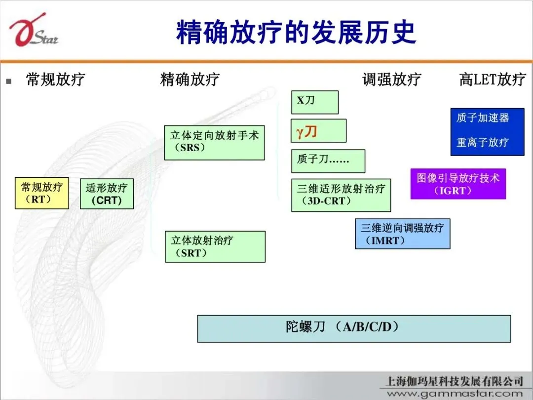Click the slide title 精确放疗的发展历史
click(x=296, y=32)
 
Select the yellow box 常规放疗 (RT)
click(x=41, y=193)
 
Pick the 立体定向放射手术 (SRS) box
click(x=214, y=142)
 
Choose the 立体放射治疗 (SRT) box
click(x=215, y=246)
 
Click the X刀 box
click(x=314, y=102)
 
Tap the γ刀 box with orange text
click(x=318, y=131)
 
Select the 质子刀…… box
click(x=328, y=160)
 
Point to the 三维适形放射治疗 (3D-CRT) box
click(x=341, y=195)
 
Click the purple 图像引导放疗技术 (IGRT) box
click(x=458, y=184)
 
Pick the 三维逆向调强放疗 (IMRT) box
click(x=402, y=234)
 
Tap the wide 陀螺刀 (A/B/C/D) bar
click(x=354, y=328)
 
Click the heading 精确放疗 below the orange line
click(x=190, y=80)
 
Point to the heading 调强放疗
click(x=392, y=80)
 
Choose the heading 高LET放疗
click(x=493, y=80)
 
